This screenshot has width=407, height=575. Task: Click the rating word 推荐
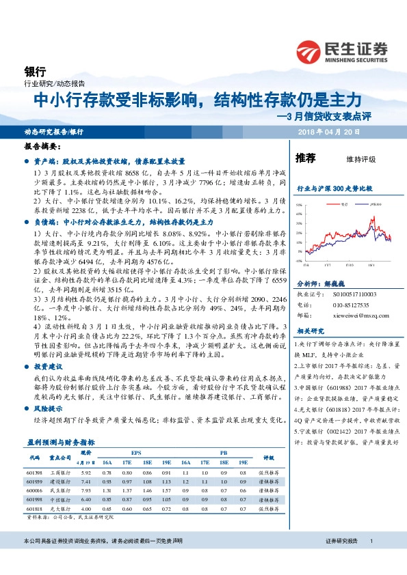(x=305, y=158)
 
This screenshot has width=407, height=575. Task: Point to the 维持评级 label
(x=361, y=159)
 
